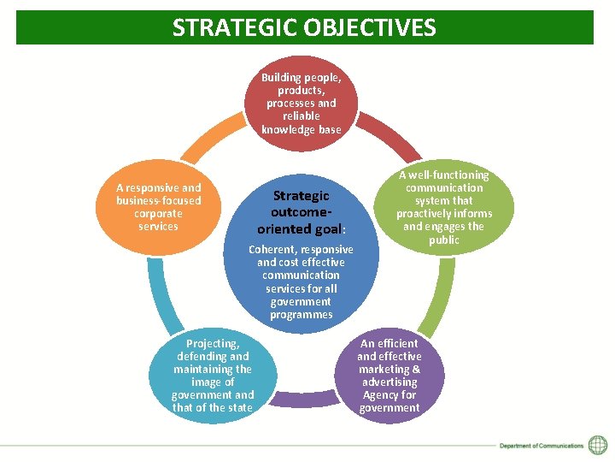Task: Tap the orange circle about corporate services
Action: click(159, 207)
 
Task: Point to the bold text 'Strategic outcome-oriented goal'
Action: click(301, 212)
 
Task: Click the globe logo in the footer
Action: click(598, 445)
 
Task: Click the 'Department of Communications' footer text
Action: click(542, 446)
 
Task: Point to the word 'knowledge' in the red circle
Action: click(288, 130)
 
